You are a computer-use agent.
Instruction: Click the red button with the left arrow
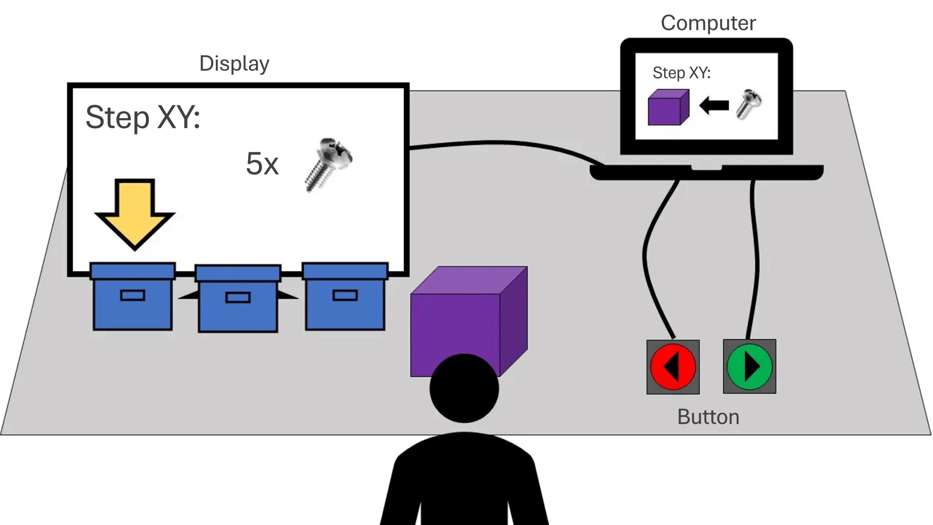click(x=673, y=367)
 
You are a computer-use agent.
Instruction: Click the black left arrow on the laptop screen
click(x=714, y=106)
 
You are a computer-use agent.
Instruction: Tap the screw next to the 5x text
click(x=328, y=164)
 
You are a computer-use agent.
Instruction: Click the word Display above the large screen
click(x=234, y=64)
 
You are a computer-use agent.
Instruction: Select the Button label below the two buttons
click(x=708, y=417)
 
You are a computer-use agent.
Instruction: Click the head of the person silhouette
click(x=464, y=388)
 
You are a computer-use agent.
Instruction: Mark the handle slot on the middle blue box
click(x=238, y=297)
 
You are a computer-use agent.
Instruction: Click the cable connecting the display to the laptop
click(x=503, y=143)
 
